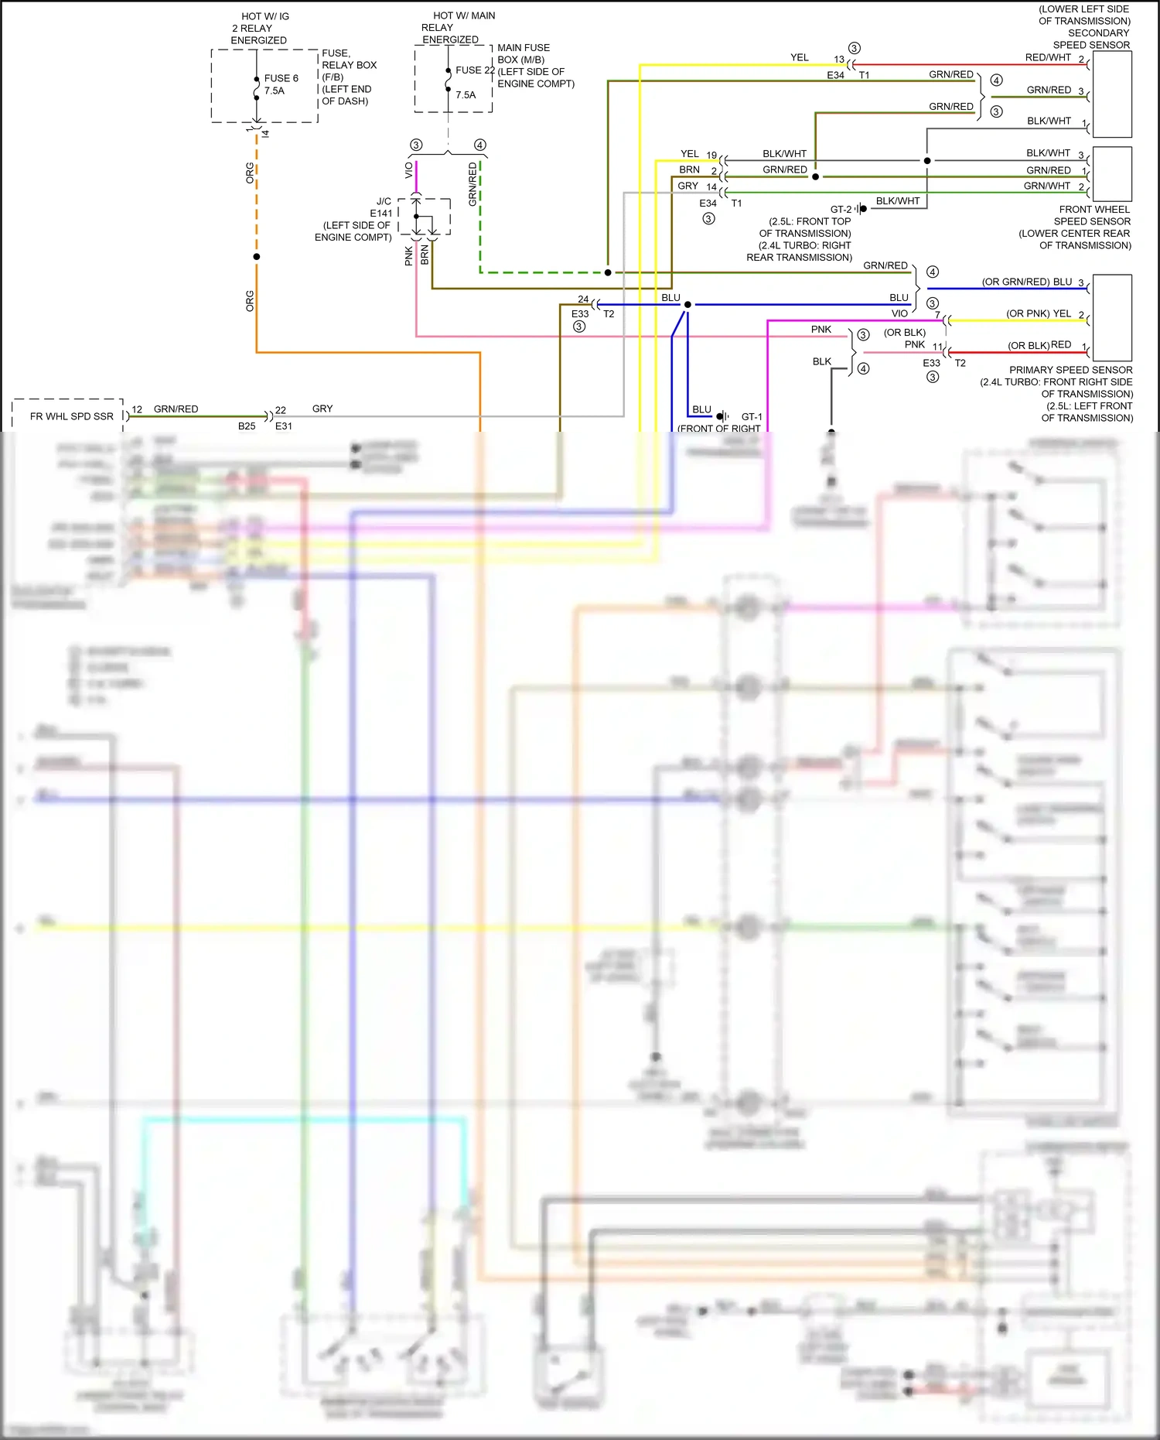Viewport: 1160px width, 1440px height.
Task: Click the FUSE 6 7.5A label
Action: [280, 84]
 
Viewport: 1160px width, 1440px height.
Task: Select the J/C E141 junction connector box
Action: [425, 217]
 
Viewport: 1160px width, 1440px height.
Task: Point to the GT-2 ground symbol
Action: [861, 209]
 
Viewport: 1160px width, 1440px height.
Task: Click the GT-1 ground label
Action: [751, 417]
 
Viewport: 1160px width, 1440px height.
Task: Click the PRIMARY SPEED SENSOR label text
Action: [1070, 371]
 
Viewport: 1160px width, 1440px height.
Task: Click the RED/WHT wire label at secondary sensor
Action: [1047, 58]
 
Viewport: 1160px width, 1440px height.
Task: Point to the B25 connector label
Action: [247, 426]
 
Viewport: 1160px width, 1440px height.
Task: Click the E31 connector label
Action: [284, 426]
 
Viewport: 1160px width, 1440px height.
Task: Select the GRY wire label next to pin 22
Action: [322, 409]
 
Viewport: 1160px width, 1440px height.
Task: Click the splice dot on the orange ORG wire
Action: [257, 257]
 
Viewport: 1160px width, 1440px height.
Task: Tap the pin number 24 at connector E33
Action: [583, 299]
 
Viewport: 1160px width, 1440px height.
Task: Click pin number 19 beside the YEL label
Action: [711, 156]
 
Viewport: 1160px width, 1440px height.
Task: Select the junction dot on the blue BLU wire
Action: [687, 305]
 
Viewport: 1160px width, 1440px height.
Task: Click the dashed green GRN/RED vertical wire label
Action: [473, 184]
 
